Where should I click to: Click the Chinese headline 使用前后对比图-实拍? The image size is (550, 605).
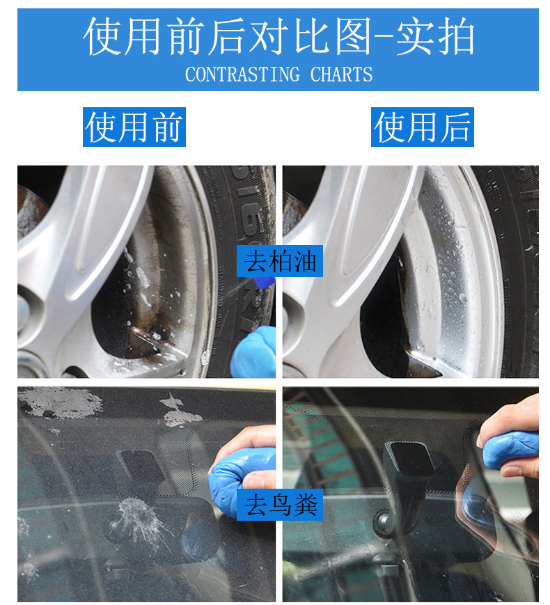click(278, 37)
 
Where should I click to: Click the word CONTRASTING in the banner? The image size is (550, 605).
click(242, 74)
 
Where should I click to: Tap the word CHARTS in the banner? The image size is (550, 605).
click(341, 74)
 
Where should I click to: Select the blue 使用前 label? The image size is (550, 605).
click(134, 127)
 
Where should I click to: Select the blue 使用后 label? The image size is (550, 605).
click(422, 127)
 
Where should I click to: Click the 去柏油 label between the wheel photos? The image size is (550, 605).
click(280, 261)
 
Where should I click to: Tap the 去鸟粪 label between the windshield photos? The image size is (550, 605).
click(280, 505)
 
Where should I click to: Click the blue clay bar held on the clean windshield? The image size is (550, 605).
click(510, 450)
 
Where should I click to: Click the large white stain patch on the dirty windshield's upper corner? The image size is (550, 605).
click(60, 403)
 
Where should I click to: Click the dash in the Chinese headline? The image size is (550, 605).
click(384, 38)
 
